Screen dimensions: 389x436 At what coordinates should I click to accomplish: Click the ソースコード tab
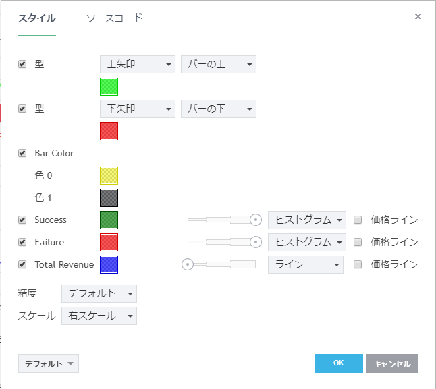(114, 18)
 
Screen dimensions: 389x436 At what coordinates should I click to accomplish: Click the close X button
(418, 17)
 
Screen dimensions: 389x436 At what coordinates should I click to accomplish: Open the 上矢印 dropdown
(137, 65)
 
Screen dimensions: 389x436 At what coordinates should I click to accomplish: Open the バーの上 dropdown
(218, 65)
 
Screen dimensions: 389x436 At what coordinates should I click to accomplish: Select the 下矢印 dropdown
(137, 109)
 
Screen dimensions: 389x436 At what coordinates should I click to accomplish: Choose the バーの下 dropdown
(218, 109)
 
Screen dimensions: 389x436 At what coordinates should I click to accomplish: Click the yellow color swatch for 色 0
(109, 175)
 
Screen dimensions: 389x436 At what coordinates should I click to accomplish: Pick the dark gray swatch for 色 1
(109, 198)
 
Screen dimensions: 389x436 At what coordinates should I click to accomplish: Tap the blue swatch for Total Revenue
(109, 265)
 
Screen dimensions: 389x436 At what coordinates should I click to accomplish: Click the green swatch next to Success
(109, 220)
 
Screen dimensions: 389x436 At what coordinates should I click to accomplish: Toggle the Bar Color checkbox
(22, 153)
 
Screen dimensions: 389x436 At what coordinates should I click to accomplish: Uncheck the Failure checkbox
(22, 242)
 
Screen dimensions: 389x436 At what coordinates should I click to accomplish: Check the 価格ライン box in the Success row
(358, 220)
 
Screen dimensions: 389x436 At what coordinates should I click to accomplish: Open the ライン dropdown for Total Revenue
(305, 265)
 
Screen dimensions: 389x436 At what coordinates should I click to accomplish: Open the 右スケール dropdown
(99, 316)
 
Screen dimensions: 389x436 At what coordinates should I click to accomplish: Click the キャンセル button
(392, 363)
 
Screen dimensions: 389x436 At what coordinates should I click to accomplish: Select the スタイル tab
(36, 18)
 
